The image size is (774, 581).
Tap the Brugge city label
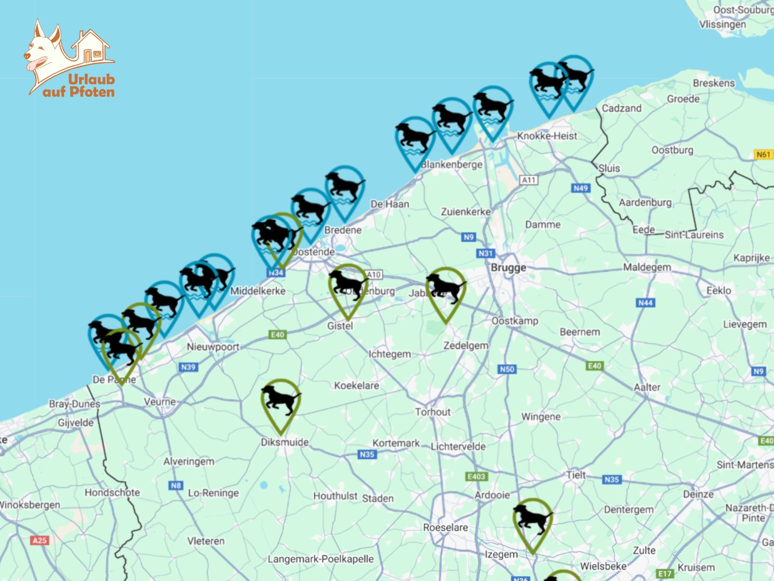click(508, 268)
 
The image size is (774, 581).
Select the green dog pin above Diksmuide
click(281, 402)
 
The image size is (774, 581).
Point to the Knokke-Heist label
click(547, 136)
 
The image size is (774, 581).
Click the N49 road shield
click(580, 188)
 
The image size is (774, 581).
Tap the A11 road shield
click(529, 180)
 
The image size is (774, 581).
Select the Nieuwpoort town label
click(213, 347)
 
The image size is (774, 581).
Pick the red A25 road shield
click(40, 540)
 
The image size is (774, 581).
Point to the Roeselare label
click(445, 527)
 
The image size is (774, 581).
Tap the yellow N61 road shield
click(763, 154)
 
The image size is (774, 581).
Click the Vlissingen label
click(722, 24)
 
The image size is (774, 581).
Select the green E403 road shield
click(476, 476)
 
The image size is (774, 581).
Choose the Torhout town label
click(432, 412)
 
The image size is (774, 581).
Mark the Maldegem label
click(647, 267)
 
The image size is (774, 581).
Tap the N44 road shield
click(645, 303)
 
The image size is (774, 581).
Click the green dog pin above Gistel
click(347, 287)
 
